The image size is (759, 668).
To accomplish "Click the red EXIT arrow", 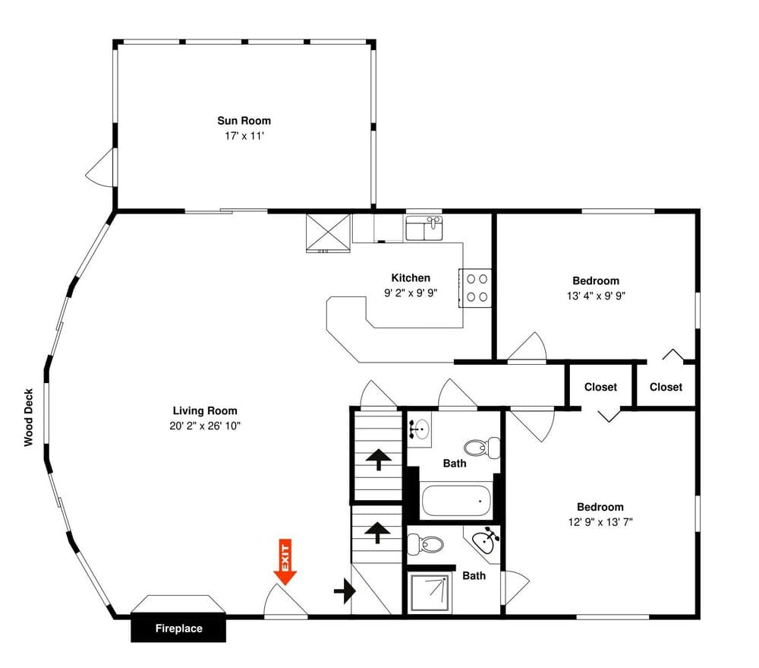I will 285,563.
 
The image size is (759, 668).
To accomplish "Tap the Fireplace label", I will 179,628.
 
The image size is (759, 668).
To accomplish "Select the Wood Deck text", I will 29,417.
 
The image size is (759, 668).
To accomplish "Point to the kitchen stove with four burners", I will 477,288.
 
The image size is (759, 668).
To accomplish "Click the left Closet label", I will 600,387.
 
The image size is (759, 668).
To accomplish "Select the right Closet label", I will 666,387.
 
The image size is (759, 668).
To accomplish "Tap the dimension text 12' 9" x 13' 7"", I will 600,522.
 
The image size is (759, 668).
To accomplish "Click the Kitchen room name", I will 411,277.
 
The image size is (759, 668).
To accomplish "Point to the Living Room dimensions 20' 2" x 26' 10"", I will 205,426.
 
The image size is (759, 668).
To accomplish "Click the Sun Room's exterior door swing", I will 99,166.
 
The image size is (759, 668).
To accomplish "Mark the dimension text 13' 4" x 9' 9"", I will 595,296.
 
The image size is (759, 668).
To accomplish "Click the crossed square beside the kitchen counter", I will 328,232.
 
